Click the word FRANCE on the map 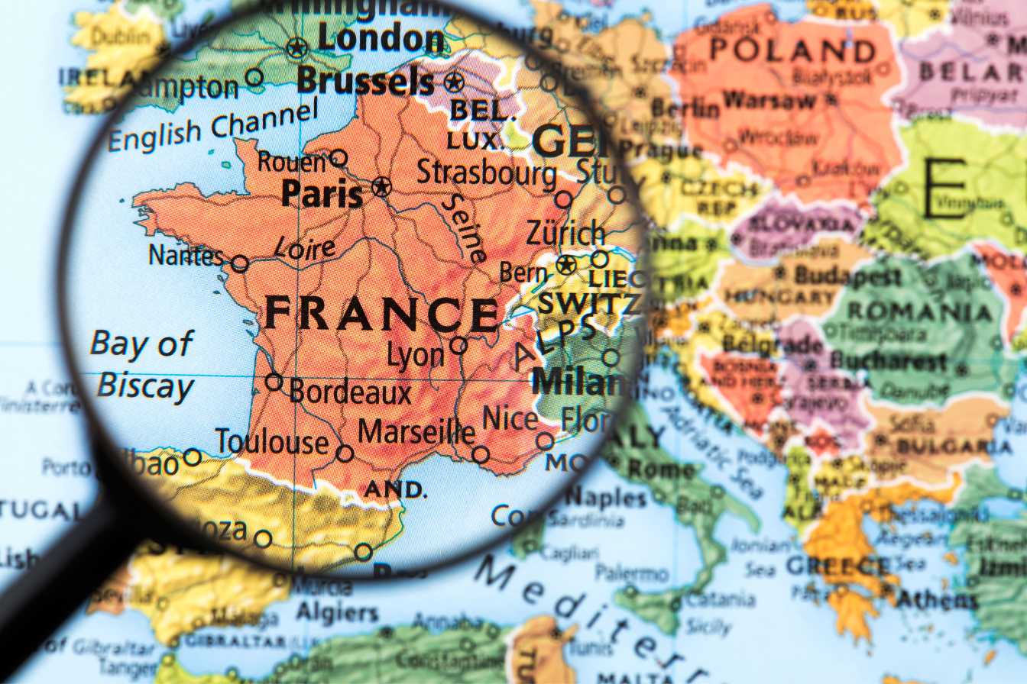point(381,313)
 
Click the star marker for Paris point(381,186)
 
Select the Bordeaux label point(350,392)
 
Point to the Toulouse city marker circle point(345,453)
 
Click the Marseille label point(416,432)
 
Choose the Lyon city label point(416,355)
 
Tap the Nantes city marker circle point(240,264)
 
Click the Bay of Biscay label point(144,365)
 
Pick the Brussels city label point(365,80)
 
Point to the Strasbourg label point(486,173)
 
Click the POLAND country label point(792,50)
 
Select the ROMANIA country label point(919,311)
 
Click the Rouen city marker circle point(339,158)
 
